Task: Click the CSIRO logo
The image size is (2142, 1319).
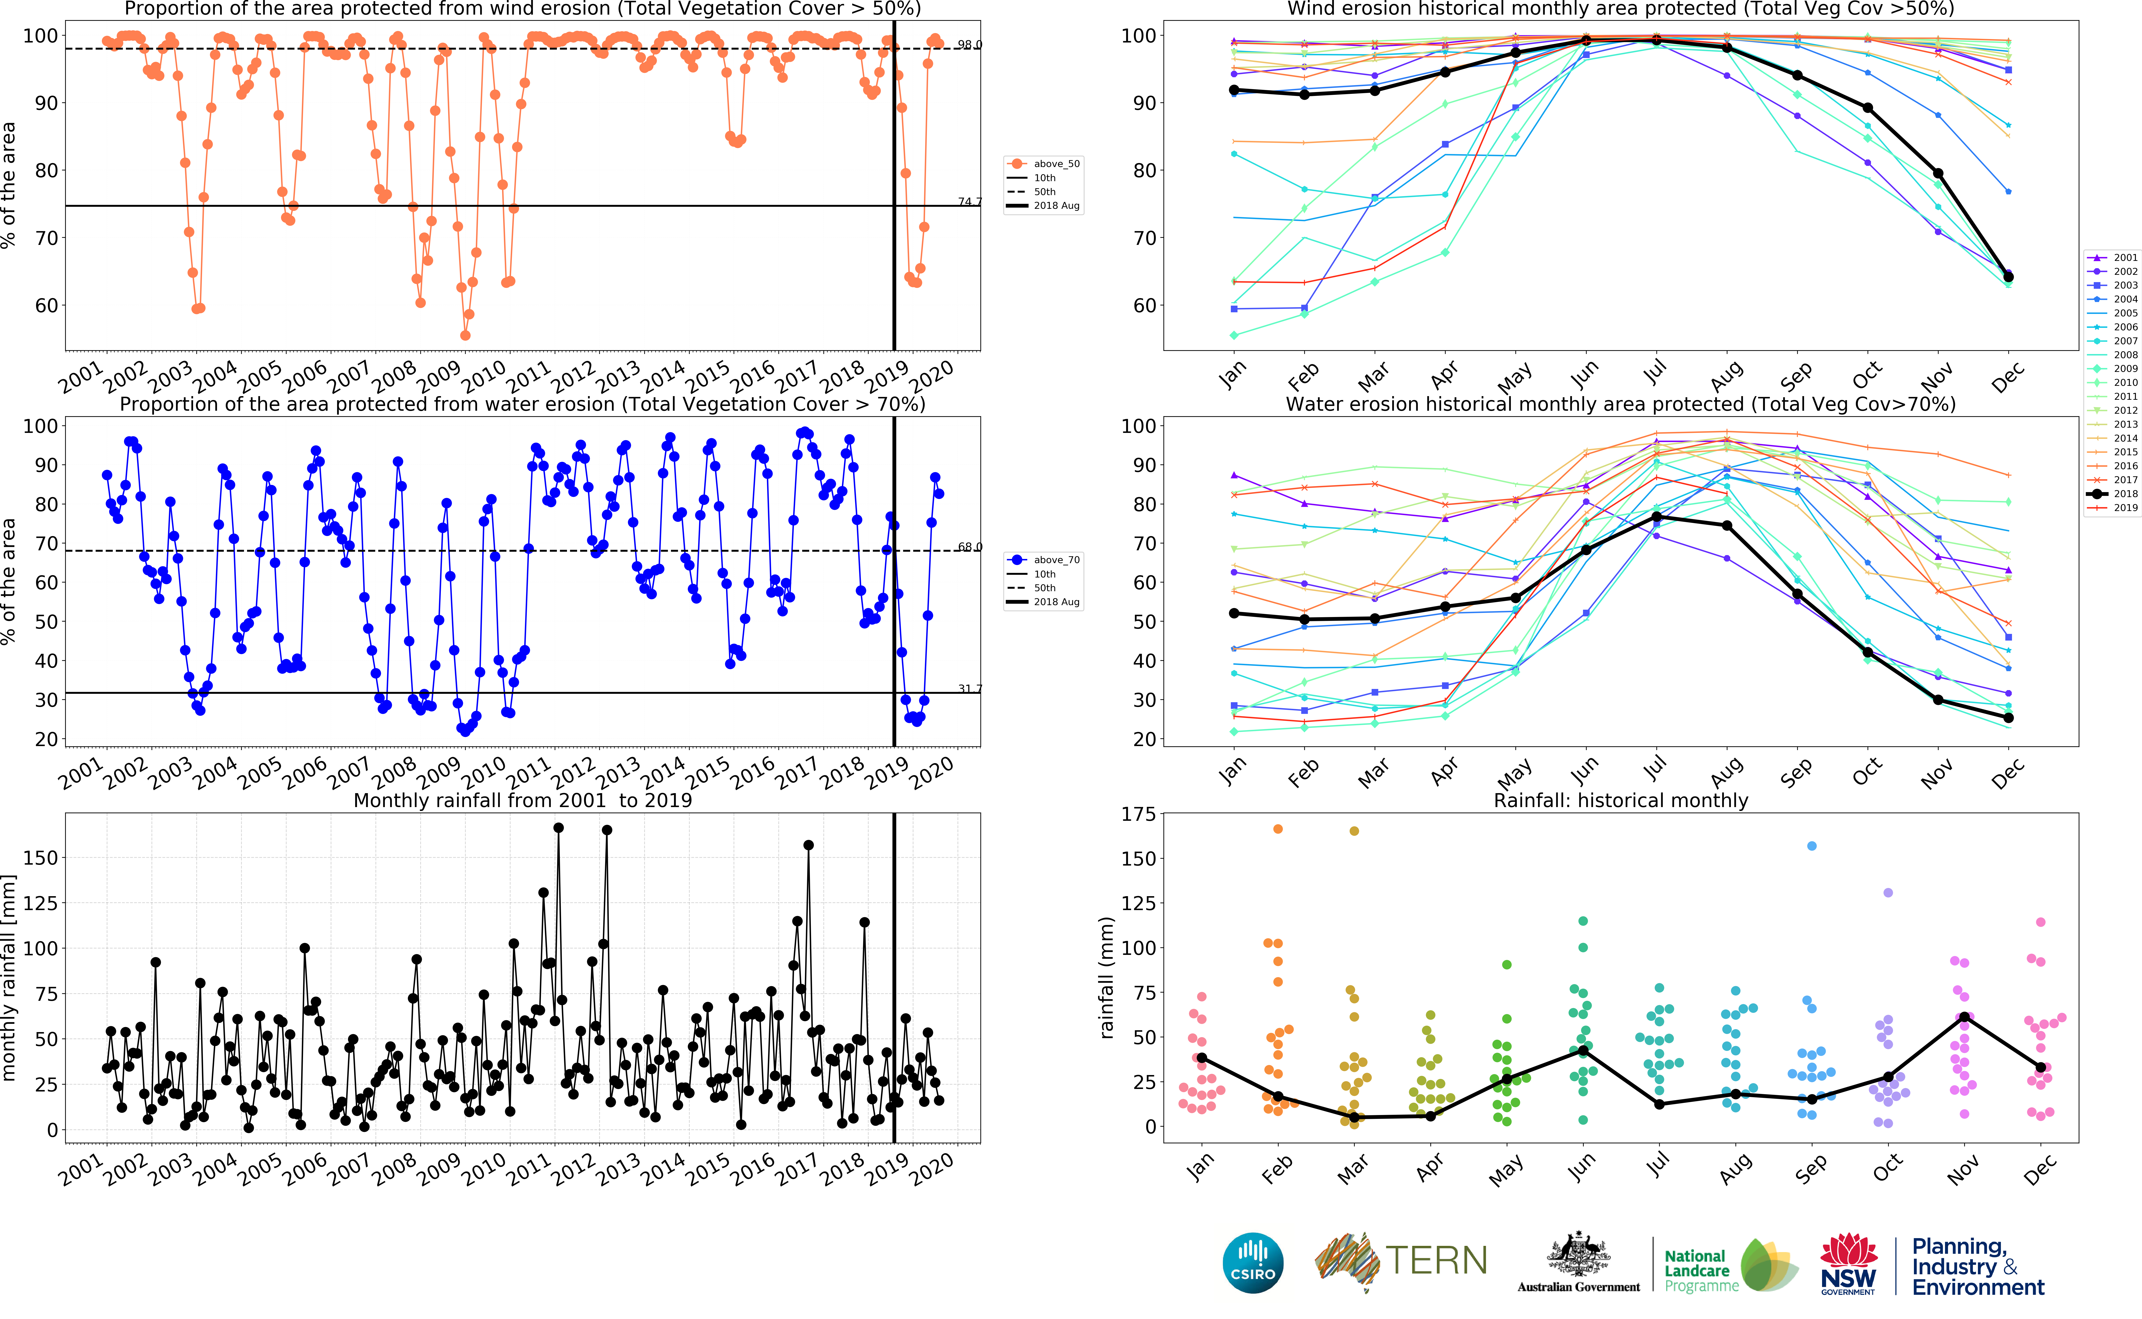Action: pos(1253,1262)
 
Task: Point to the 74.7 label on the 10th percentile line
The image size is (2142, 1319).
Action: pos(969,201)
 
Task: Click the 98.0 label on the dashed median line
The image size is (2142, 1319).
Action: pos(969,45)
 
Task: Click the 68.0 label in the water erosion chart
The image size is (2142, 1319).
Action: pos(969,547)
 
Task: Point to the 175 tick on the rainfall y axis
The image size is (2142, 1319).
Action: pos(1138,814)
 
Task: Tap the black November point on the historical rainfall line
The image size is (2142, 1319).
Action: pos(1964,1017)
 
